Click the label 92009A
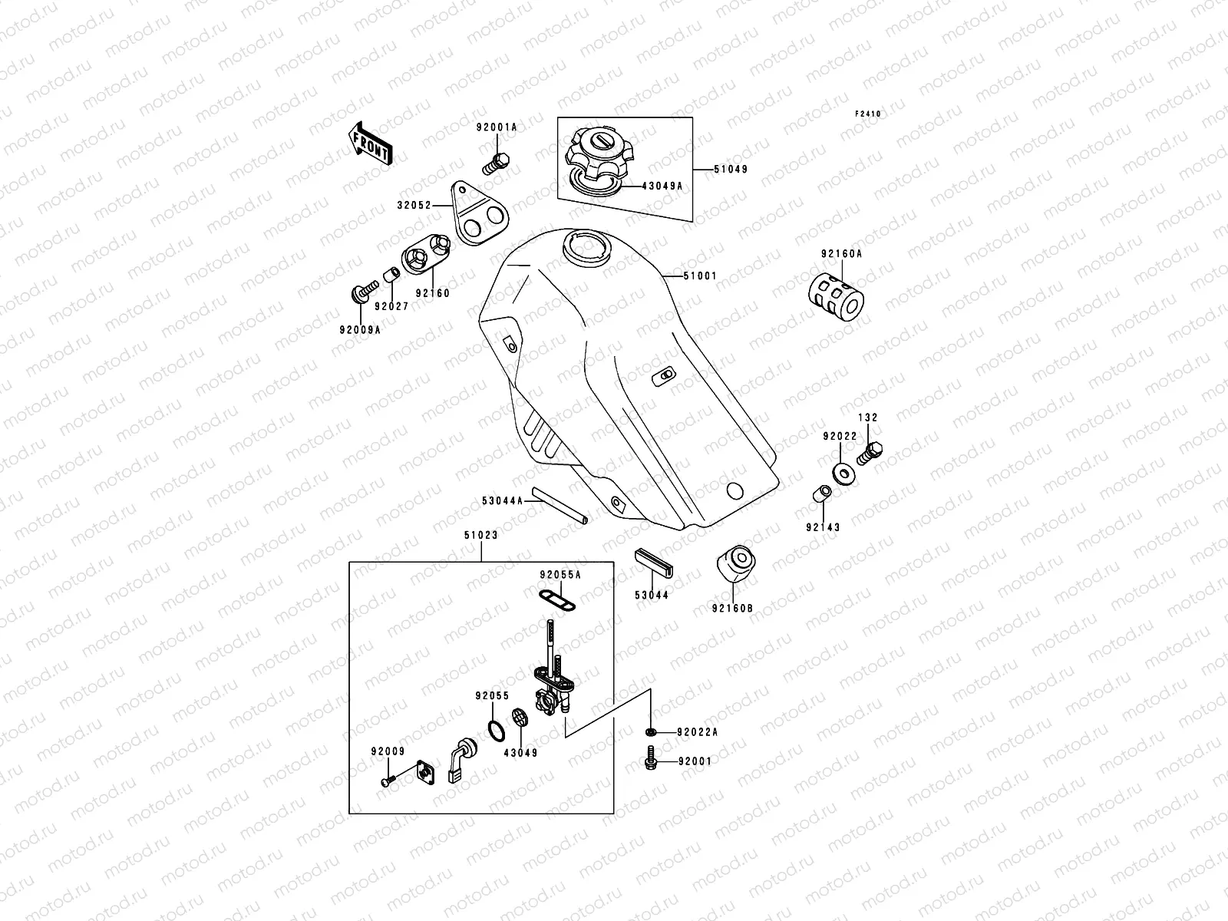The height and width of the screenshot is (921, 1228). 359,330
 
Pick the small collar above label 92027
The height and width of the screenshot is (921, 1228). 391,274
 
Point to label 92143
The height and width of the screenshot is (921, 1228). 823,527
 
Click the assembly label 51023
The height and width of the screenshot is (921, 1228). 480,536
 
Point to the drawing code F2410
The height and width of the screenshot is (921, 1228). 869,114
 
